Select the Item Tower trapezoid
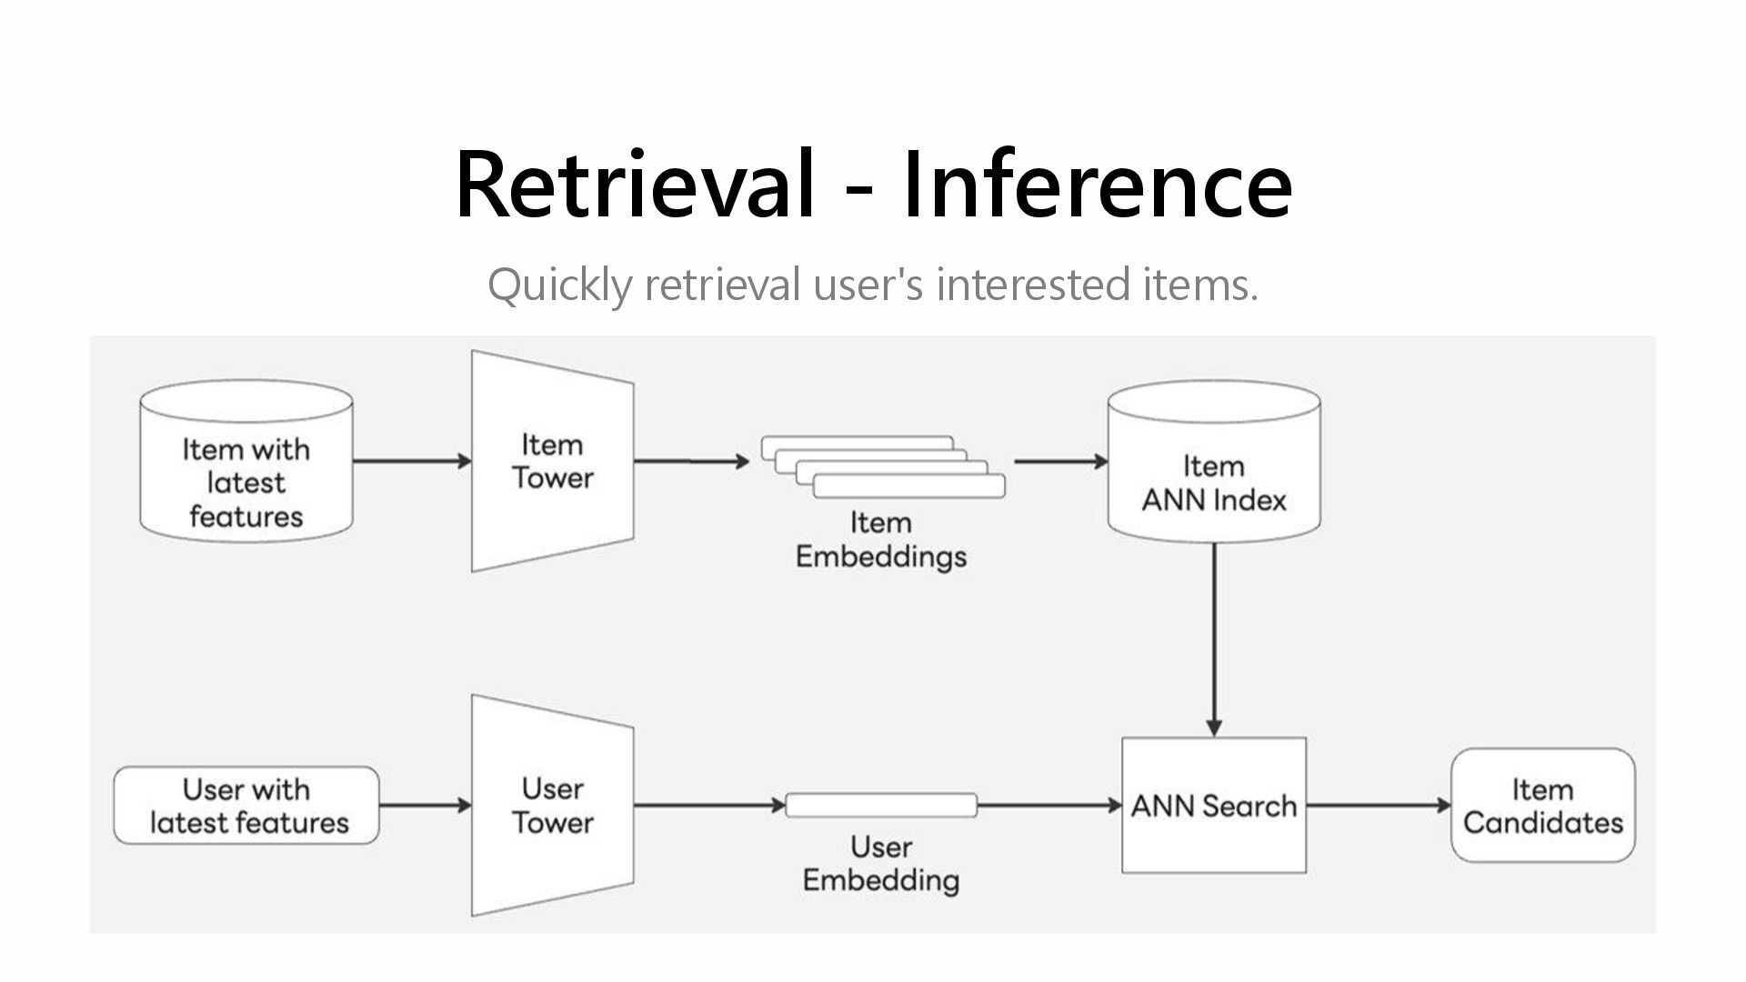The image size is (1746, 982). pos(553,461)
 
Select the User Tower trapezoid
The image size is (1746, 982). pos(553,806)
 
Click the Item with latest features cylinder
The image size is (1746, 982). pos(246,461)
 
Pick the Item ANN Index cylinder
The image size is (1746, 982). pos(1214,461)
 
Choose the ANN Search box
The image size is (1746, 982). pos(1214,806)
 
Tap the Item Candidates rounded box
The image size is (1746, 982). pos(1543,806)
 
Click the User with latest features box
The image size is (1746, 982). pos(246,806)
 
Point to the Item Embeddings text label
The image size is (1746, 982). pos(881,539)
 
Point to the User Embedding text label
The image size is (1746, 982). pos(881,864)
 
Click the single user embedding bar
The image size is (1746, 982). pos(881,806)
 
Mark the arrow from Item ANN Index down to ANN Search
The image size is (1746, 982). pos(1214,640)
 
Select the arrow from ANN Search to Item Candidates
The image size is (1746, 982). pos(1379,806)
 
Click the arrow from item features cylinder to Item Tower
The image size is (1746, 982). pos(413,461)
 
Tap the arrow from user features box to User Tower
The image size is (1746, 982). pos(426,806)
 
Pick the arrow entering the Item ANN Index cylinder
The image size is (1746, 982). pos(1061,461)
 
